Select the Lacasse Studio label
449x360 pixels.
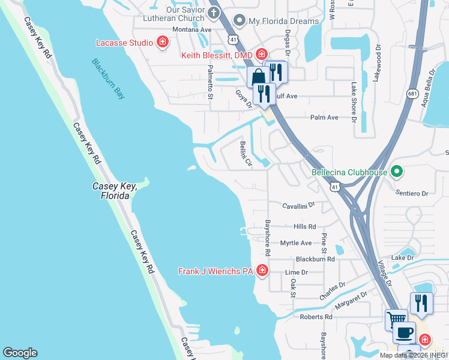[124, 42]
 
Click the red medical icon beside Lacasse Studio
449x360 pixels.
[162, 42]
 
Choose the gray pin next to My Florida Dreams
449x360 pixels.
[240, 21]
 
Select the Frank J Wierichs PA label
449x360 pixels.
[217, 271]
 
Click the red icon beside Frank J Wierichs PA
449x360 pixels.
[262, 271]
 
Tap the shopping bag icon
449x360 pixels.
[258, 77]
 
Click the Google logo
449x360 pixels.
[20, 353]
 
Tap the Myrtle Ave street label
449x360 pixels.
[296, 243]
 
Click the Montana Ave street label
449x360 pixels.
[192, 29]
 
